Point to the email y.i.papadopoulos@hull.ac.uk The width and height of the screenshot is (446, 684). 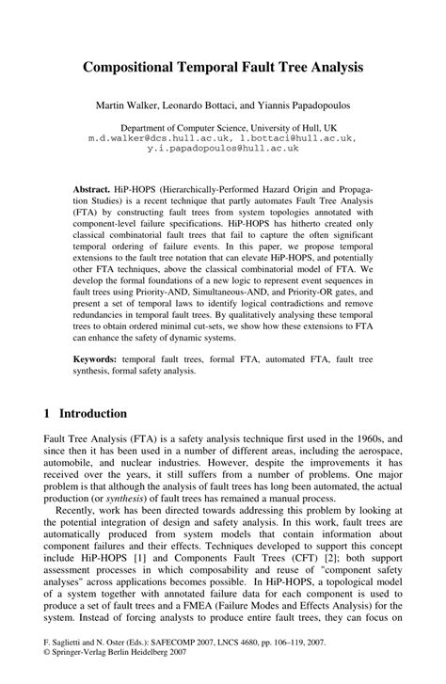[x=222, y=147]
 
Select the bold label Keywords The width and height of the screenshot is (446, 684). [x=98, y=360]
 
